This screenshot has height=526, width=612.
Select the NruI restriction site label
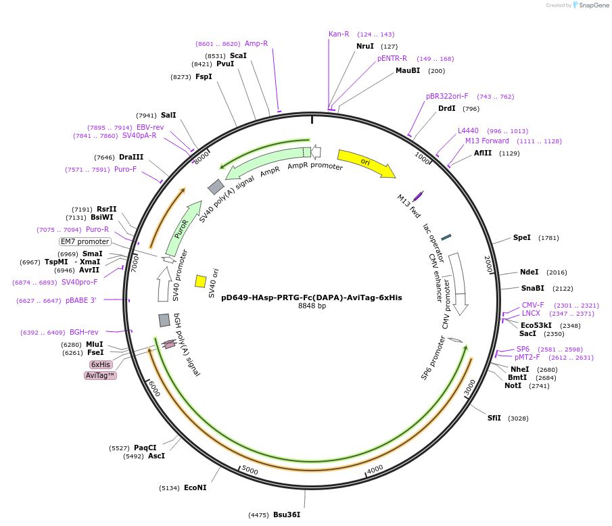pos(365,46)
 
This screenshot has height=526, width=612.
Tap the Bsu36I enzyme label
pos(287,515)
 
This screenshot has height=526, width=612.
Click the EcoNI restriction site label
pos(195,487)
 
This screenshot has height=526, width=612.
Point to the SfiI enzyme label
pos(495,418)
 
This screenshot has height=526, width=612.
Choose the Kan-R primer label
pos(339,34)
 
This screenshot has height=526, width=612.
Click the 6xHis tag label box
pos(101,364)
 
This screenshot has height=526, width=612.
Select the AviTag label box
pos(100,375)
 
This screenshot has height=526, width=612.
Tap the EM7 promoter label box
pos(85,241)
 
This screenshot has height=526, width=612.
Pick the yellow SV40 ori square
pos(201,281)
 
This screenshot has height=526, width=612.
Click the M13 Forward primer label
pos(487,141)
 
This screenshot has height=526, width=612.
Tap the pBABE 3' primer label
pos(81,300)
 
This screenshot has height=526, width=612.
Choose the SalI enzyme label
pos(168,115)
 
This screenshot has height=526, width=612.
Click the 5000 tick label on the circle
pos(250,471)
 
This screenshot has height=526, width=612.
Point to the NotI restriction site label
pos(513,385)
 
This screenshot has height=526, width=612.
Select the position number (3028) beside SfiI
pos(518,419)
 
